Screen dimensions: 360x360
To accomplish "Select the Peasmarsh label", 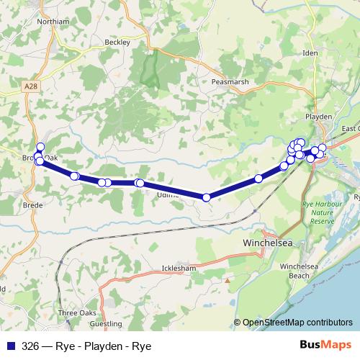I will tap(230, 82).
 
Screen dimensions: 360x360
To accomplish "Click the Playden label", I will tap(318, 117).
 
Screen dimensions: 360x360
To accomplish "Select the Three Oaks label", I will tap(77, 313).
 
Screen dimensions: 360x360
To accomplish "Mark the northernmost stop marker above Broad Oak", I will tap(40, 147).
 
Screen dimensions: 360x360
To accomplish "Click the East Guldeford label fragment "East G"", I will tap(351, 129).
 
